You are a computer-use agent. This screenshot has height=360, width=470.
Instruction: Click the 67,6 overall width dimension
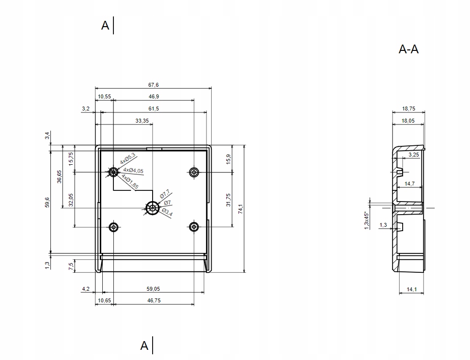153,85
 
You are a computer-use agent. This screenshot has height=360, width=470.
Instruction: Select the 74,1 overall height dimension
240,208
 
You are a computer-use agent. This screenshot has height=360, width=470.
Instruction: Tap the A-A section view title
408,49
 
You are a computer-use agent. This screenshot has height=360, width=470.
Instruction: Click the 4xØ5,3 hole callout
127,158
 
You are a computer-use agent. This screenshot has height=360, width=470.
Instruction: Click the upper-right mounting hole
194,172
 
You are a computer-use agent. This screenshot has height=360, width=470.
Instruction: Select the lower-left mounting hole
114,227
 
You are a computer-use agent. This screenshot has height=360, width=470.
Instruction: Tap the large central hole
153,208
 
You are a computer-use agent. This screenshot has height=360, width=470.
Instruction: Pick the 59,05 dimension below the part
153,289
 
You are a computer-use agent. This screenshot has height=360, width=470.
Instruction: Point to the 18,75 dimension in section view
408,109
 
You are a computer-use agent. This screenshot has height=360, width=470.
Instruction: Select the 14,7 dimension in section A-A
409,184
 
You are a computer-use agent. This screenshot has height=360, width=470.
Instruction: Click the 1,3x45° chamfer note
366,220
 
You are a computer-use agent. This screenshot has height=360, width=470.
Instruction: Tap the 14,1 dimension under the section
412,289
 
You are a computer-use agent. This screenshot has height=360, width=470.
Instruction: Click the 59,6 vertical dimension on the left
47,201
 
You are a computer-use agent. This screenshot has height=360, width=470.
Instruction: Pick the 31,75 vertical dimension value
228,200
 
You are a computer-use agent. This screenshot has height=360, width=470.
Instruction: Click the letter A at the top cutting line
105,26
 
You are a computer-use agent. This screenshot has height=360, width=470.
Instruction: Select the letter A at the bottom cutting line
144,345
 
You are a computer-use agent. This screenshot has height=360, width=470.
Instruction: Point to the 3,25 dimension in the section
414,155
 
